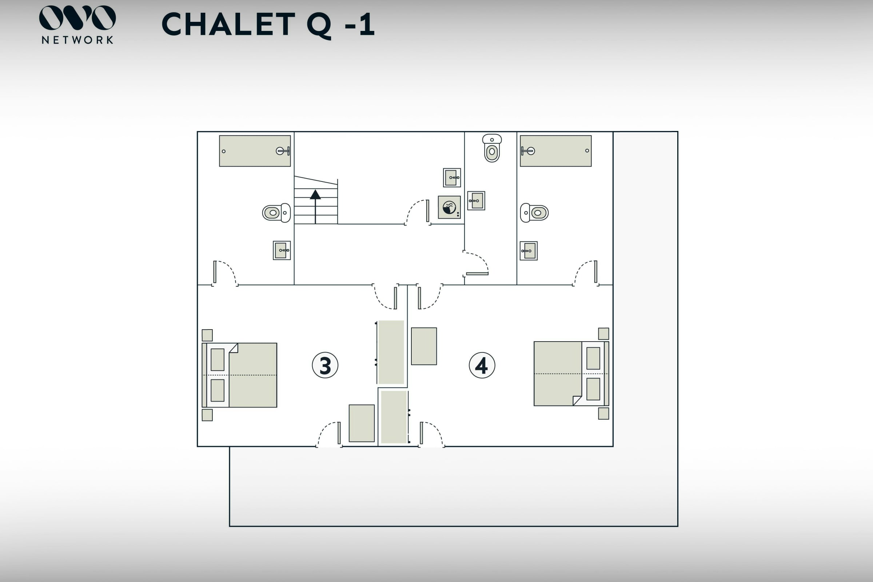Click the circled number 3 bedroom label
click(325, 365)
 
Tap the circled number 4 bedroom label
click(482, 365)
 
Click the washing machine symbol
click(449, 207)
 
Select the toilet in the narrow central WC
click(492, 148)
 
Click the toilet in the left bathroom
click(276, 213)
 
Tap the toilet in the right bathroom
click(534, 213)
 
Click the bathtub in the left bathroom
click(255, 151)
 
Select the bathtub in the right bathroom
click(555, 151)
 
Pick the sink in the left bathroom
click(282, 250)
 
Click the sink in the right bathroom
click(529, 251)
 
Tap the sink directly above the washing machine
click(452, 178)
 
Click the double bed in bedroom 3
click(239, 375)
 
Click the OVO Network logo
click(77, 24)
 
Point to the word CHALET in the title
click(228, 24)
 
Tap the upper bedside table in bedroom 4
click(603, 333)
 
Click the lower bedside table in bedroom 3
click(207, 415)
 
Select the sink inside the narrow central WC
click(476, 201)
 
